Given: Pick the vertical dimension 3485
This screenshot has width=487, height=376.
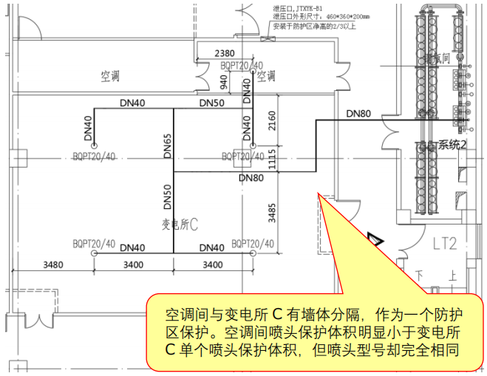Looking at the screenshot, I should pyautogui.click(x=272, y=213).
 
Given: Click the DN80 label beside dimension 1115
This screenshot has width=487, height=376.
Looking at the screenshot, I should pyautogui.click(x=251, y=178).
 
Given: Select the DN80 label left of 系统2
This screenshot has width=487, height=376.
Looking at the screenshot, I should pyautogui.click(x=358, y=114).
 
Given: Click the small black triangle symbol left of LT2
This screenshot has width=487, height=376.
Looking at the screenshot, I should pyautogui.click(x=376, y=238).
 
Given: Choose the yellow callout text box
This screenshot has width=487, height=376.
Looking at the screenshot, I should pyautogui.click(x=310, y=329).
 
